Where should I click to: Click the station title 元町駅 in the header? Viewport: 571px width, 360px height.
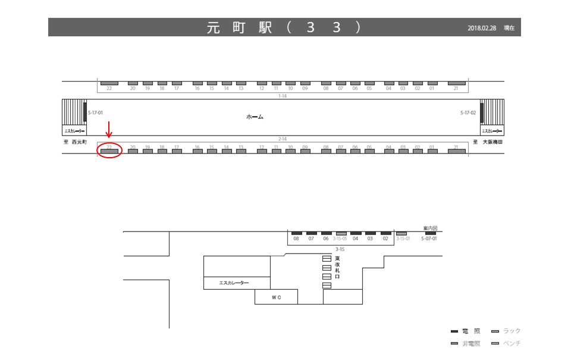tap(239, 27)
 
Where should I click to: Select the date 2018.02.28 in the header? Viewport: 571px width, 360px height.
tap(482, 28)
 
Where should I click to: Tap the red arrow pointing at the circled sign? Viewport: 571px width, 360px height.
tap(109, 129)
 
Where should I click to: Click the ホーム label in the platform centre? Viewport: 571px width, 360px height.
tap(255, 117)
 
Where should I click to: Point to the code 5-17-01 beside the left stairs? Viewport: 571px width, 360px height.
tap(95, 112)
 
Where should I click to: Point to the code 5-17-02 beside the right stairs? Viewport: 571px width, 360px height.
tap(469, 112)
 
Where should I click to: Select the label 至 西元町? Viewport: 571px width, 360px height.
tap(76, 142)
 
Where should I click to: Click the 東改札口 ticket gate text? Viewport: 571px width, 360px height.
tap(337, 268)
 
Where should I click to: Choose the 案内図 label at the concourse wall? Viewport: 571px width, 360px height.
tap(430, 228)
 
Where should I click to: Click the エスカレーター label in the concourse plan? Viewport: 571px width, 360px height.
tap(234, 283)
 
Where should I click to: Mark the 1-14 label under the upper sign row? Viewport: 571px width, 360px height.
tap(283, 95)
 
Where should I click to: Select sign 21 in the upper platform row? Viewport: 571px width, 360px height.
tap(456, 88)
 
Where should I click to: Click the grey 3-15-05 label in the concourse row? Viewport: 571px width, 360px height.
tap(341, 239)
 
